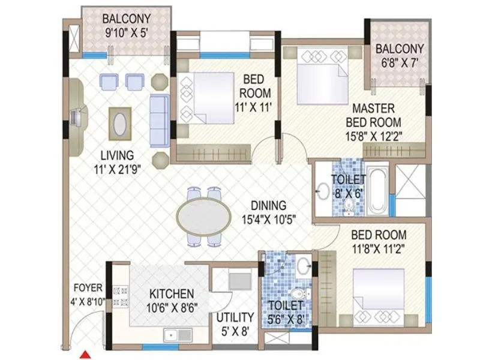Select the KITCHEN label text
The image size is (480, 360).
pos(171,293)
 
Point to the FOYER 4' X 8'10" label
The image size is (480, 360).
pos(88,294)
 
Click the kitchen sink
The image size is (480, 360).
pos(172,335)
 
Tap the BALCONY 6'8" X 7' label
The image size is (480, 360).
pos(400,55)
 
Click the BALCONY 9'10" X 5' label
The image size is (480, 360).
pos(126,25)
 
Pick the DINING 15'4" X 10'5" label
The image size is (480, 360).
pos(268,211)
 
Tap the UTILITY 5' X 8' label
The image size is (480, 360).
pos(235,323)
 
